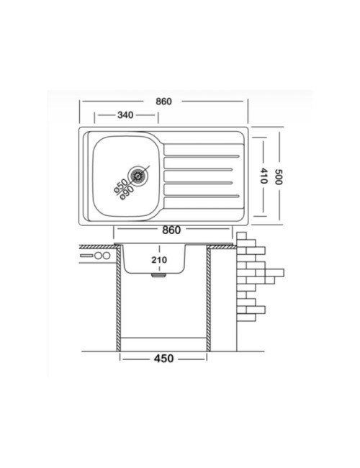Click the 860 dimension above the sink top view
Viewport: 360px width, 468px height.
pyautogui.click(x=163, y=102)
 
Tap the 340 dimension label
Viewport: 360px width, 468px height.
pyautogui.click(x=125, y=115)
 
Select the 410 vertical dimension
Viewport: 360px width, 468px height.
pyautogui.click(x=264, y=176)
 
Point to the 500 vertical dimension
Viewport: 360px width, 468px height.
pyautogui.click(x=279, y=176)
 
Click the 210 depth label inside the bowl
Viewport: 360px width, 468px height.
pyautogui.click(x=159, y=260)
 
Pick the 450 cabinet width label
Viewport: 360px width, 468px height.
pyautogui.click(x=163, y=358)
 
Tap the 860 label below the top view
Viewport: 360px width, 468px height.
pyautogui.click(x=171, y=230)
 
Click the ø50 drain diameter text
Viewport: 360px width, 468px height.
pyautogui.click(x=120, y=186)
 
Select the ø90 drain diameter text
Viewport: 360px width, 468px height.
pyautogui.click(x=127, y=193)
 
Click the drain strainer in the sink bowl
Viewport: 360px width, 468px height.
pyautogui.click(x=138, y=176)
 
